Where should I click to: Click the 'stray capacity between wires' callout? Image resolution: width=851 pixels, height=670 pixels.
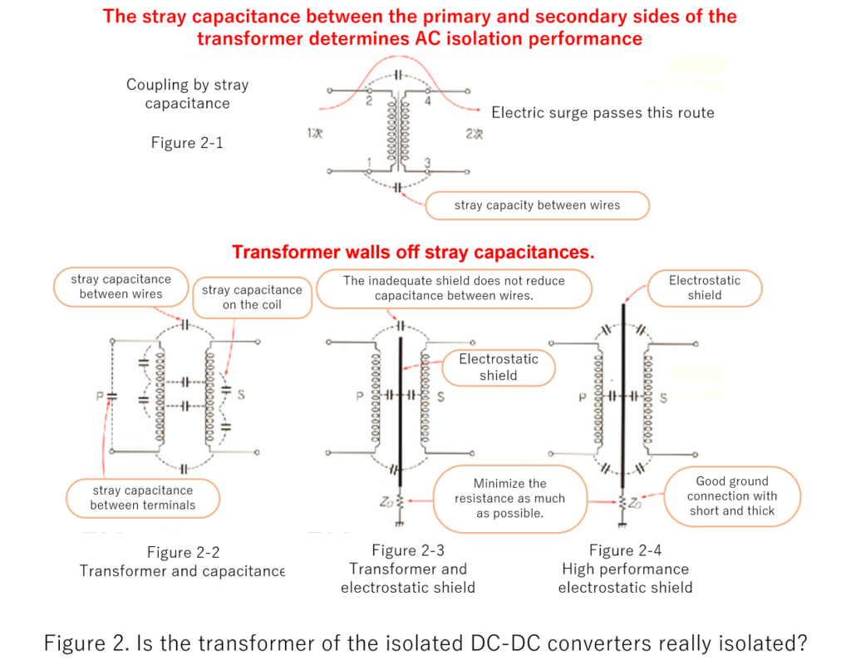point(537,205)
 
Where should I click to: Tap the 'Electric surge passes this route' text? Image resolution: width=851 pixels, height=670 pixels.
point(603,113)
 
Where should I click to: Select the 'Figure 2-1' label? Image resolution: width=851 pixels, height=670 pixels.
point(187,143)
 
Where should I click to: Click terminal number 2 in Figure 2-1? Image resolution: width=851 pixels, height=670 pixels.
point(369,101)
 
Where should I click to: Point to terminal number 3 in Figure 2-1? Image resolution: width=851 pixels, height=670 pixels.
point(428,162)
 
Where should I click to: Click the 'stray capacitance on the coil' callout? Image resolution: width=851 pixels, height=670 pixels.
point(252,297)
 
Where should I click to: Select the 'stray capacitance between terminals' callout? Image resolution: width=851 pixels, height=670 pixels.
point(143,498)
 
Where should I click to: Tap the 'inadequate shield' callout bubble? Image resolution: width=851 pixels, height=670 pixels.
point(454,288)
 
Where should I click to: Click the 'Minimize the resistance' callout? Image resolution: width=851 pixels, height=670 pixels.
point(509,499)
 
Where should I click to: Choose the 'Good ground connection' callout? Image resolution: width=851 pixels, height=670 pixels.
point(731,496)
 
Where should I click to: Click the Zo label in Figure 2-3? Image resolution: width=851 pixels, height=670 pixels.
point(386,502)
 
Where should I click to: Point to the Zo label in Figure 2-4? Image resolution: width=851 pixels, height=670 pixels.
point(635,503)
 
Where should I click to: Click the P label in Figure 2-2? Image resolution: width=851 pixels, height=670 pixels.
point(100,397)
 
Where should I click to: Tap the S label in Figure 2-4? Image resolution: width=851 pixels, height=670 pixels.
point(663,398)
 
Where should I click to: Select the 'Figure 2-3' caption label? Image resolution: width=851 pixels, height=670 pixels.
point(408,550)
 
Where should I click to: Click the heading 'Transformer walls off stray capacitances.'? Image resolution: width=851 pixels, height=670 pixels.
point(413,253)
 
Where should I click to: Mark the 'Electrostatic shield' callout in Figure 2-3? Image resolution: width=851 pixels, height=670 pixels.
point(499,367)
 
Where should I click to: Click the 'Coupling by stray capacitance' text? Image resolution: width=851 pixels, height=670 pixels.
point(187,94)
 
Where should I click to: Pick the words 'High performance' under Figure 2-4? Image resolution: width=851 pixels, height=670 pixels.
point(625,569)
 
